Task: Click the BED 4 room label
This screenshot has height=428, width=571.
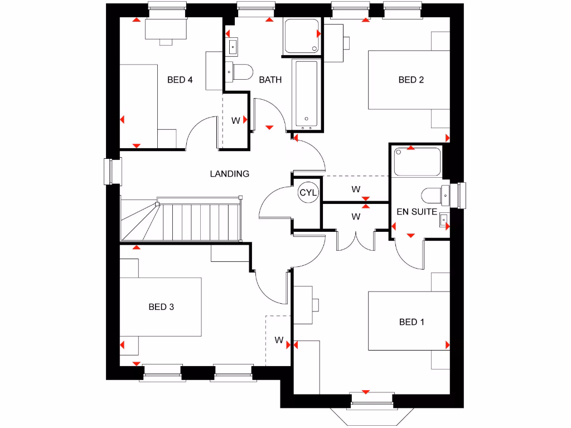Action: click(x=180, y=80)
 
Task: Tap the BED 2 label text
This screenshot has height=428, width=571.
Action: click(x=411, y=80)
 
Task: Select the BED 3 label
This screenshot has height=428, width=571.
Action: click(x=161, y=307)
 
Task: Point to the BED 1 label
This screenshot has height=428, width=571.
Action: click(x=412, y=322)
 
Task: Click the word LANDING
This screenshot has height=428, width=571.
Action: click(x=229, y=174)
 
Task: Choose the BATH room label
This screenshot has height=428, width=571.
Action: click(x=270, y=80)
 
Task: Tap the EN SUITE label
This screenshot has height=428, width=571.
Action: click(x=417, y=212)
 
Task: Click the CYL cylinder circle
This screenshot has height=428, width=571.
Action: click(x=308, y=192)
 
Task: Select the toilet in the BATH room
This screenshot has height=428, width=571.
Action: click(x=239, y=71)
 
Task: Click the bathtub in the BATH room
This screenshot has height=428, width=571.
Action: click(x=306, y=93)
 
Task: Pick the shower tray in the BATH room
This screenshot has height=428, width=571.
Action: click(x=302, y=36)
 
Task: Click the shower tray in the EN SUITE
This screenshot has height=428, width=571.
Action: click(x=417, y=162)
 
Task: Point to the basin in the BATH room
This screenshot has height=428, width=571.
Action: click(x=233, y=45)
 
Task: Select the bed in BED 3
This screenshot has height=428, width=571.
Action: click(x=161, y=307)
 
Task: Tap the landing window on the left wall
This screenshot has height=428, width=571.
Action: click(x=114, y=171)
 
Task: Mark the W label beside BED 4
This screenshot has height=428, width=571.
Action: click(x=235, y=120)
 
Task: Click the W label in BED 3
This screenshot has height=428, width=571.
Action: click(x=279, y=339)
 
